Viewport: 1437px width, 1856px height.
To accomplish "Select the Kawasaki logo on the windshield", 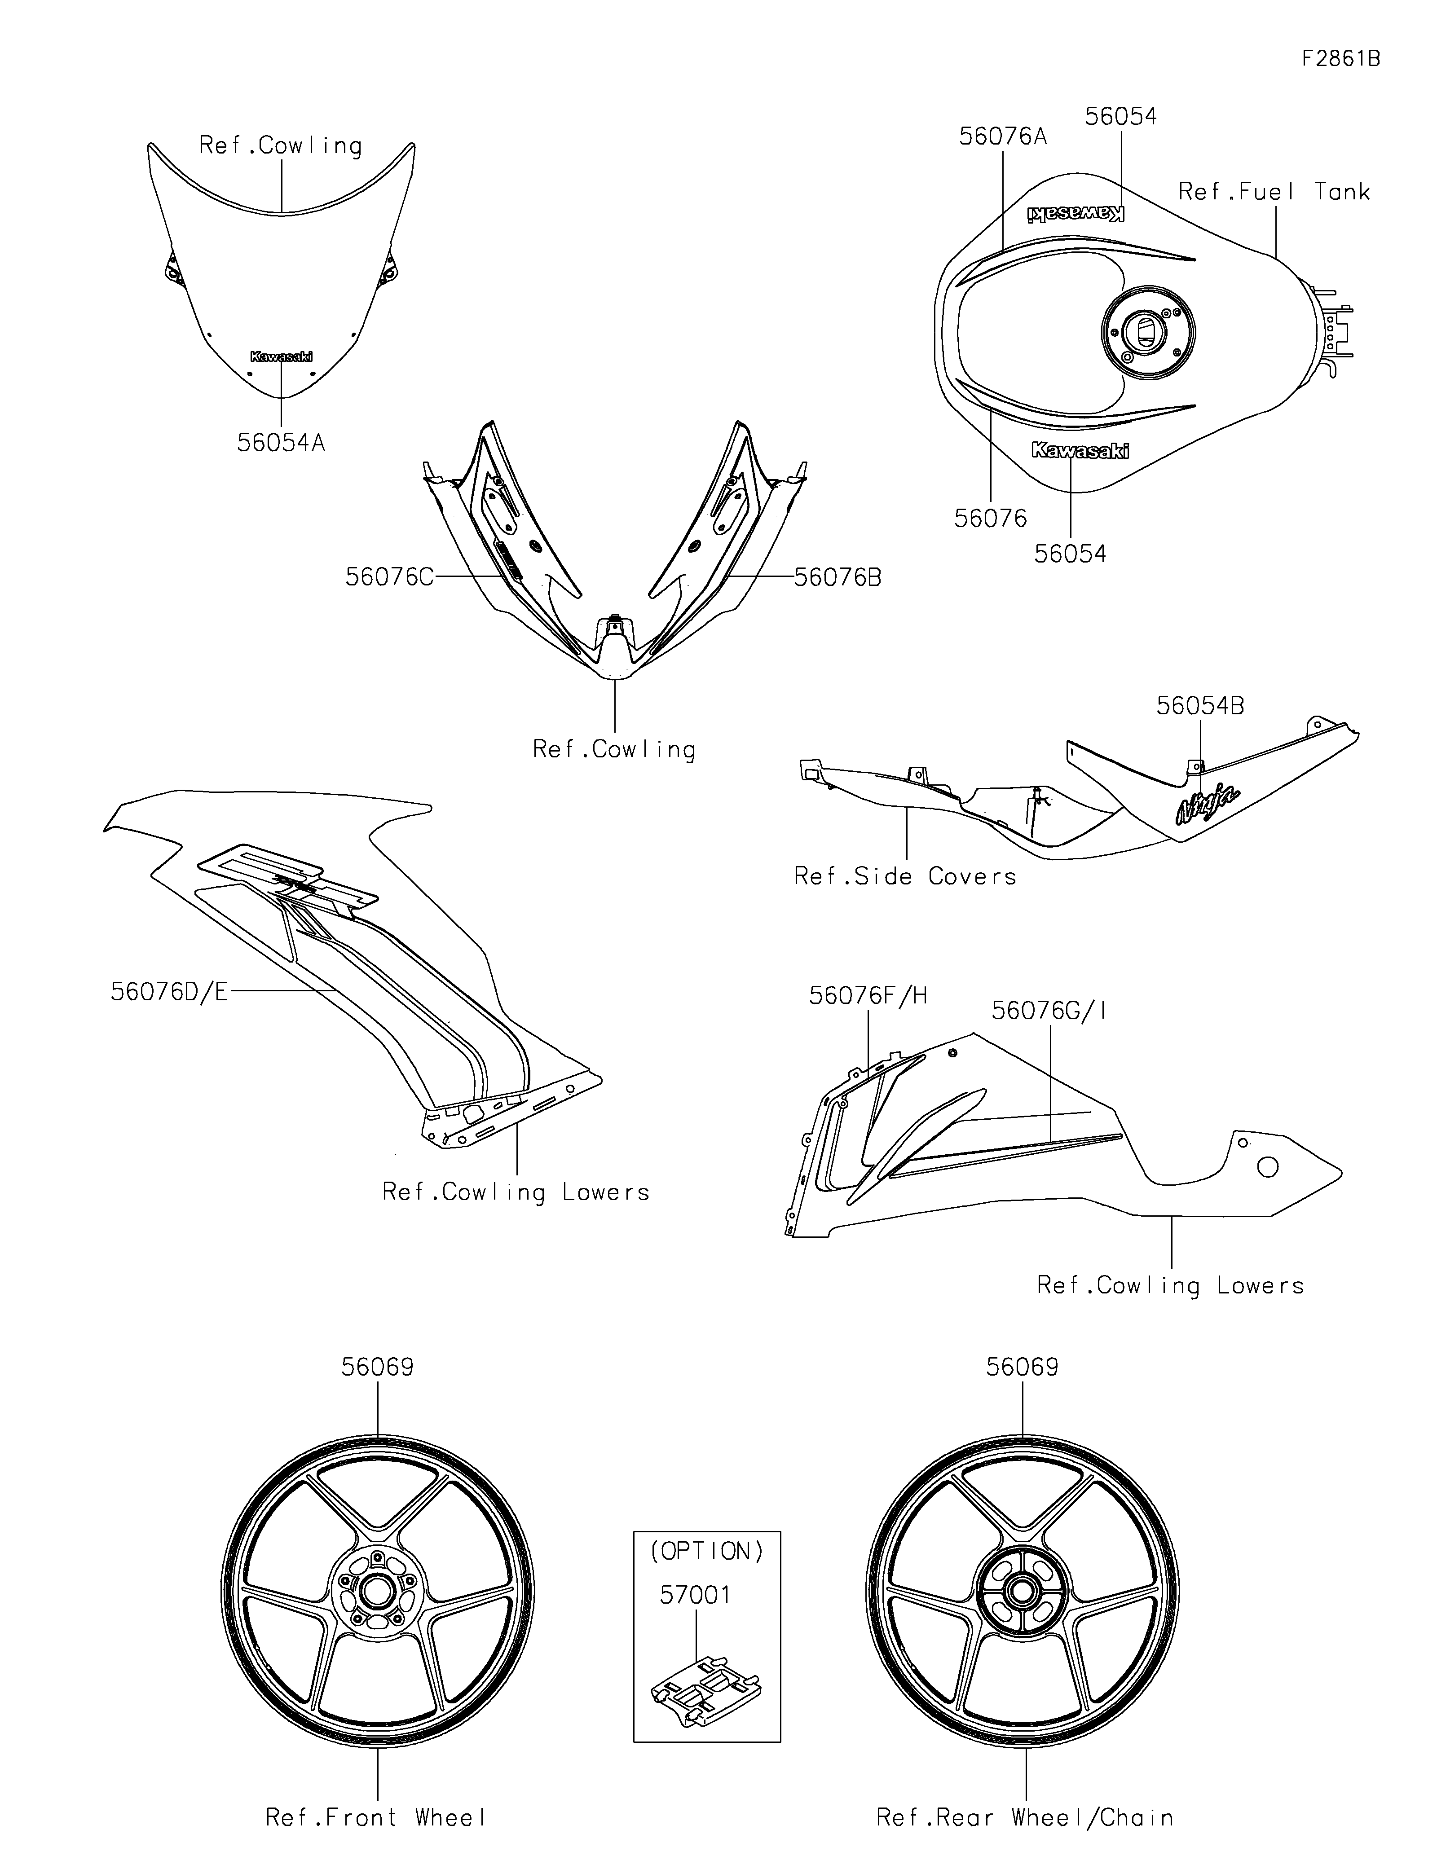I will click(280, 357).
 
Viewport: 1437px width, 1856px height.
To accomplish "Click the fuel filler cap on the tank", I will click(1147, 330).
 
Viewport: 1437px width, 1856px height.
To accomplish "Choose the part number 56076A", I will click(1003, 136).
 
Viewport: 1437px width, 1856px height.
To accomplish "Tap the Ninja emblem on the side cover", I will click(1207, 803).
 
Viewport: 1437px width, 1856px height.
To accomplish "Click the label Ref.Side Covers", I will click(905, 876).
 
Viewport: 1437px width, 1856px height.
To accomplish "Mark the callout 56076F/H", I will click(868, 996).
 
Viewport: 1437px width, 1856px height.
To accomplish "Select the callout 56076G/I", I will click(1049, 1011).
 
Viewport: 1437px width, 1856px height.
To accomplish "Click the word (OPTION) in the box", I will click(707, 1552).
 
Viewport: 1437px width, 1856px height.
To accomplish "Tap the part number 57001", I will click(695, 1595).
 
